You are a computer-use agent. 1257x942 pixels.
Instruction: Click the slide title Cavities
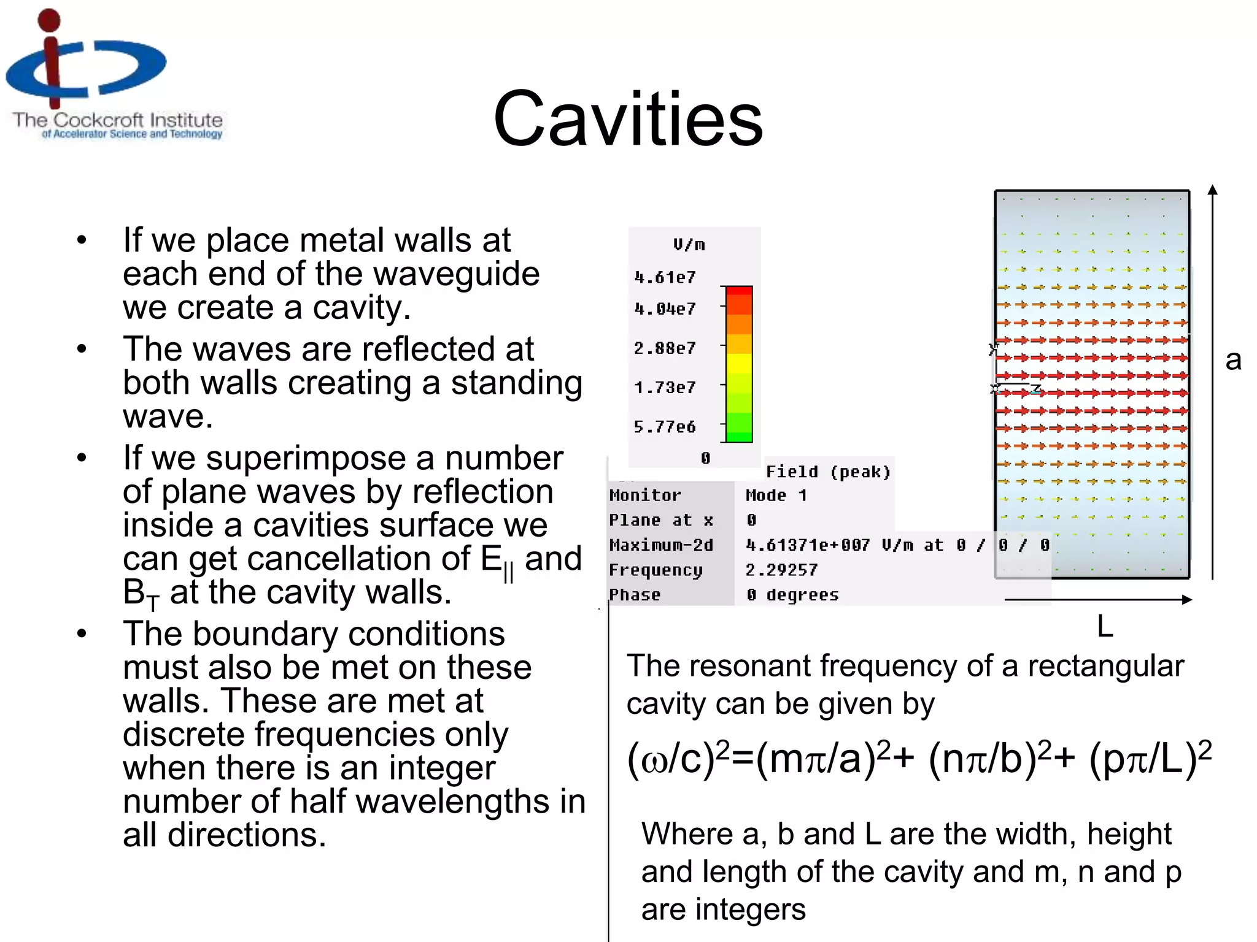pos(628,119)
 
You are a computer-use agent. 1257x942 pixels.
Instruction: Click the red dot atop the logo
pos(49,20)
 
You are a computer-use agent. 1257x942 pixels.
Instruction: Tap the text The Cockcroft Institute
pos(117,120)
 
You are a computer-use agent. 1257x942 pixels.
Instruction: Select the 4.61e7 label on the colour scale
pos(665,277)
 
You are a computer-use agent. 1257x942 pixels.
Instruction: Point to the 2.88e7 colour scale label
pos(665,348)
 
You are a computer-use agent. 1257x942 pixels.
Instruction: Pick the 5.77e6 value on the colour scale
pos(665,427)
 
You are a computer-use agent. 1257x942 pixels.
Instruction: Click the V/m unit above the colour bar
pos(689,245)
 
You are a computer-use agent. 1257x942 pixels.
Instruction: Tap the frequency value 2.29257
pos(781,570)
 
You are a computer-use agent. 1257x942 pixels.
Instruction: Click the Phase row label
pos(635,595)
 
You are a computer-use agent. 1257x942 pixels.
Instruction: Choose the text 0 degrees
pos(792,595)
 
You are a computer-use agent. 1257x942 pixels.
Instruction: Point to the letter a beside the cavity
pos(1233,360)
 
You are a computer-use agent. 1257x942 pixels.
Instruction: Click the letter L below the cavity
pos(1105,627)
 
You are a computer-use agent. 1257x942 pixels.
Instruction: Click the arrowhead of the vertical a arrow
pos(1212,190)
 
